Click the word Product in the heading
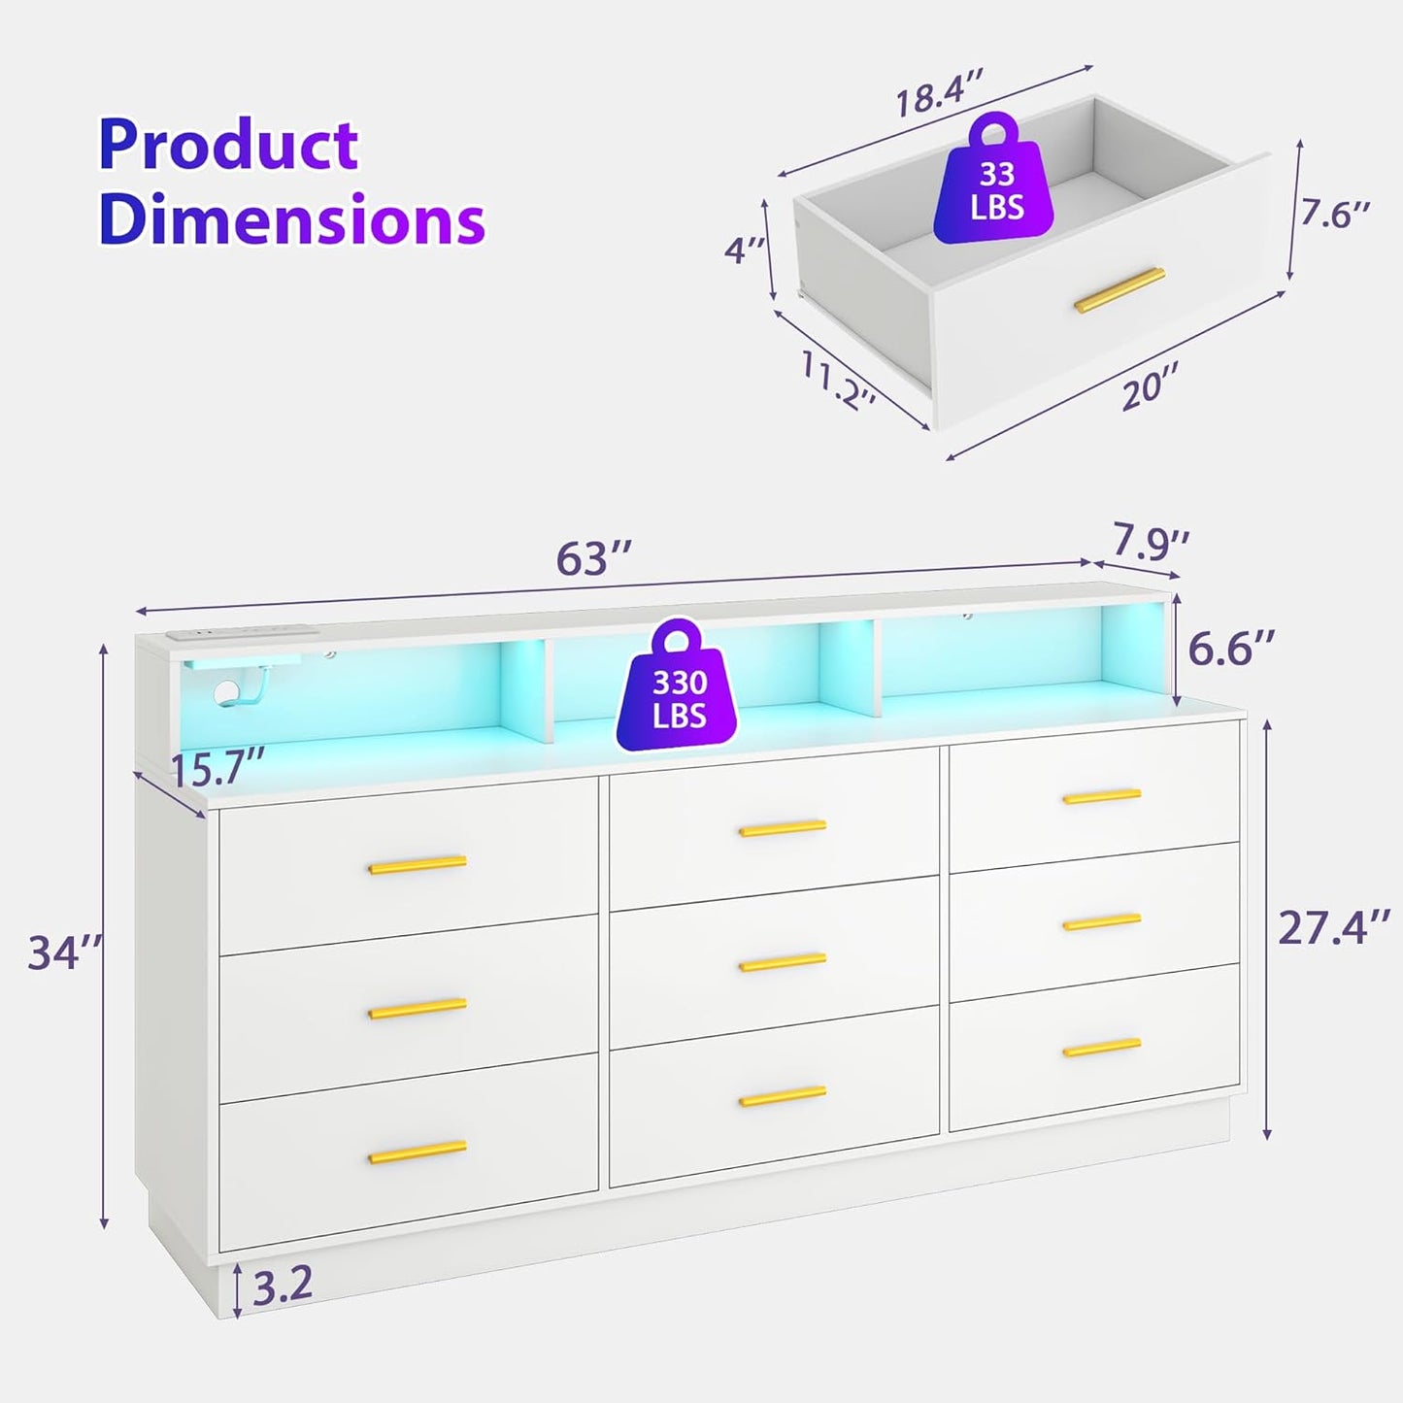tap(228, 146)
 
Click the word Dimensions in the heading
tap(291, 219)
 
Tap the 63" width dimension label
tap(594, 559)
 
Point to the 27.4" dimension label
tap(1333, 927)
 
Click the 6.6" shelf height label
tap(1231, 649)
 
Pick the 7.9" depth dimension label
tap(1151, 542)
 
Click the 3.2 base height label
tap(283, 1285)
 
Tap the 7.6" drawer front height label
tap(1336, 215)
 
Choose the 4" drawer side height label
tap(745, 251)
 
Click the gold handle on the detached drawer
tap(1119, 290)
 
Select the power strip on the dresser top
tap(243, 633)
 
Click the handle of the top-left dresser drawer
tap(418, 864)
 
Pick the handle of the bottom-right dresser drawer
tap(1101, 1048)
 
